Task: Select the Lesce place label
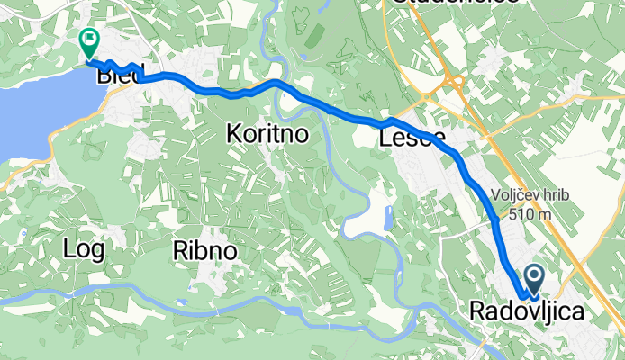click(x=412, y=138)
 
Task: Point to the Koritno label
click(x=267, y=134)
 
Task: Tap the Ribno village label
click(x=205, y=251)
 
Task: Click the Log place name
click(x=84, y=249)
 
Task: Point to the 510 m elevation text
click(x=529, y=214)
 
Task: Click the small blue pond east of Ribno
click(x=387, y=218)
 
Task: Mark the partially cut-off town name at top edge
click(x=453, y=4)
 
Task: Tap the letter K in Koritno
click(x=232, y=134)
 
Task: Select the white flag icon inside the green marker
click(x=89, y=39)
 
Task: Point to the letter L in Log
click(x=69, y=249)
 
